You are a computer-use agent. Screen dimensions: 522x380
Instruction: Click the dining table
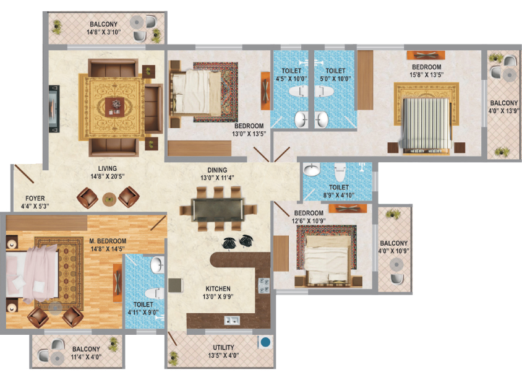click(x=218, y=209)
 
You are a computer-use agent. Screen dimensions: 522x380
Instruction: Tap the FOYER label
click(x=35, y=198)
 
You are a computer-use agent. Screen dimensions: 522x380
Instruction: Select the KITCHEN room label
click(x=218, y=289)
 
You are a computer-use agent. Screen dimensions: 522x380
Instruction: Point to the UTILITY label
click(x=223, y=347)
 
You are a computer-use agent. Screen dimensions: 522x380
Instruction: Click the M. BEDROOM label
click(x=108, y=241)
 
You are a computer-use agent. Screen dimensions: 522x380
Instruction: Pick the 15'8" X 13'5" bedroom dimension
click(x=427, y=75)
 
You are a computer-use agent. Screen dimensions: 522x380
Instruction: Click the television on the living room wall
click(x=54, y=108)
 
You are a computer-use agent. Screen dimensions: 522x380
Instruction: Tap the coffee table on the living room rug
click(x=115, y=107)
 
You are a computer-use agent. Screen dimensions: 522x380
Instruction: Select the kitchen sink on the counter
click(x=232, y=321)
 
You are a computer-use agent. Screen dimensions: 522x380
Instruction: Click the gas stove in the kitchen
click(x=263, y=286)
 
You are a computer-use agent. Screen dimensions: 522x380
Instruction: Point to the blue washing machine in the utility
click(x=265, y=342)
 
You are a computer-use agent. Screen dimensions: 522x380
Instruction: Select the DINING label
click(x=217, y=170)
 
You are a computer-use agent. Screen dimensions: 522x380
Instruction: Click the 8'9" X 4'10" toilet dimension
click(x=339, y=195)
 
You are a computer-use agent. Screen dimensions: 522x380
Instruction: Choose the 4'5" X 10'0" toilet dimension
click(x=291, y=79)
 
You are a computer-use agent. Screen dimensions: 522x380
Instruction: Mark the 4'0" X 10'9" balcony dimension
click(x=394, y=251)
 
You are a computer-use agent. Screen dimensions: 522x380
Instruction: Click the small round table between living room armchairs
click(x=109, y=199)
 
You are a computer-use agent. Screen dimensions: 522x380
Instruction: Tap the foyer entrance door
click(x=24, y=173)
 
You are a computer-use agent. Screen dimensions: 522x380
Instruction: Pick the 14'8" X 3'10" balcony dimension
click(x=103, y=32)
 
